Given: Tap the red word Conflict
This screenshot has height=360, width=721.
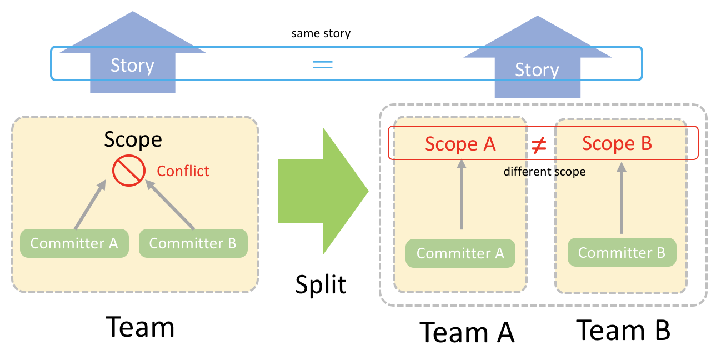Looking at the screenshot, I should click(183, 171).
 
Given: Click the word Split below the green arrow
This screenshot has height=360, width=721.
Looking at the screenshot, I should click(321, 284).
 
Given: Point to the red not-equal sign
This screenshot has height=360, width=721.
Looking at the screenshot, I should click(539, 145).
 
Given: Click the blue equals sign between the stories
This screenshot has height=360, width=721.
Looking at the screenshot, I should click(322, 64).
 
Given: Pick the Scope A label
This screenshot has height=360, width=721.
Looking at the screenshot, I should click(460, 143).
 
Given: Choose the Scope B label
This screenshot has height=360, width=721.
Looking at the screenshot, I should click(617, 143).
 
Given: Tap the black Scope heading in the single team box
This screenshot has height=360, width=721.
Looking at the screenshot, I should click(133, 139).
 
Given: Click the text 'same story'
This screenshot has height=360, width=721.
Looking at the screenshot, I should click(321, 33).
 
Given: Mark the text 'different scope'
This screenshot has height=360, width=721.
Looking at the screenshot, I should click(544, 172).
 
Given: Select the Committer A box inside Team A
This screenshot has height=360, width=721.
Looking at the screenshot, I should click(460, 253).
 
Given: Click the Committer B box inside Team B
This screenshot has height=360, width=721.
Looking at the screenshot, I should click(622, 253).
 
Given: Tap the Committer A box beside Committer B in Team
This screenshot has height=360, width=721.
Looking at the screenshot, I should click(74, 243).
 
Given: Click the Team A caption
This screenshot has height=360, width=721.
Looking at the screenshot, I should click(467, 332).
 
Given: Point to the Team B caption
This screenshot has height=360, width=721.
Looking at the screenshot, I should click(623, 330).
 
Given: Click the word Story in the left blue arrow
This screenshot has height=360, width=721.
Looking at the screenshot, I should click(132, 66).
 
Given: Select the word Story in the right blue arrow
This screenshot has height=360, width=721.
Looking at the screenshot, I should click(537, 70).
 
